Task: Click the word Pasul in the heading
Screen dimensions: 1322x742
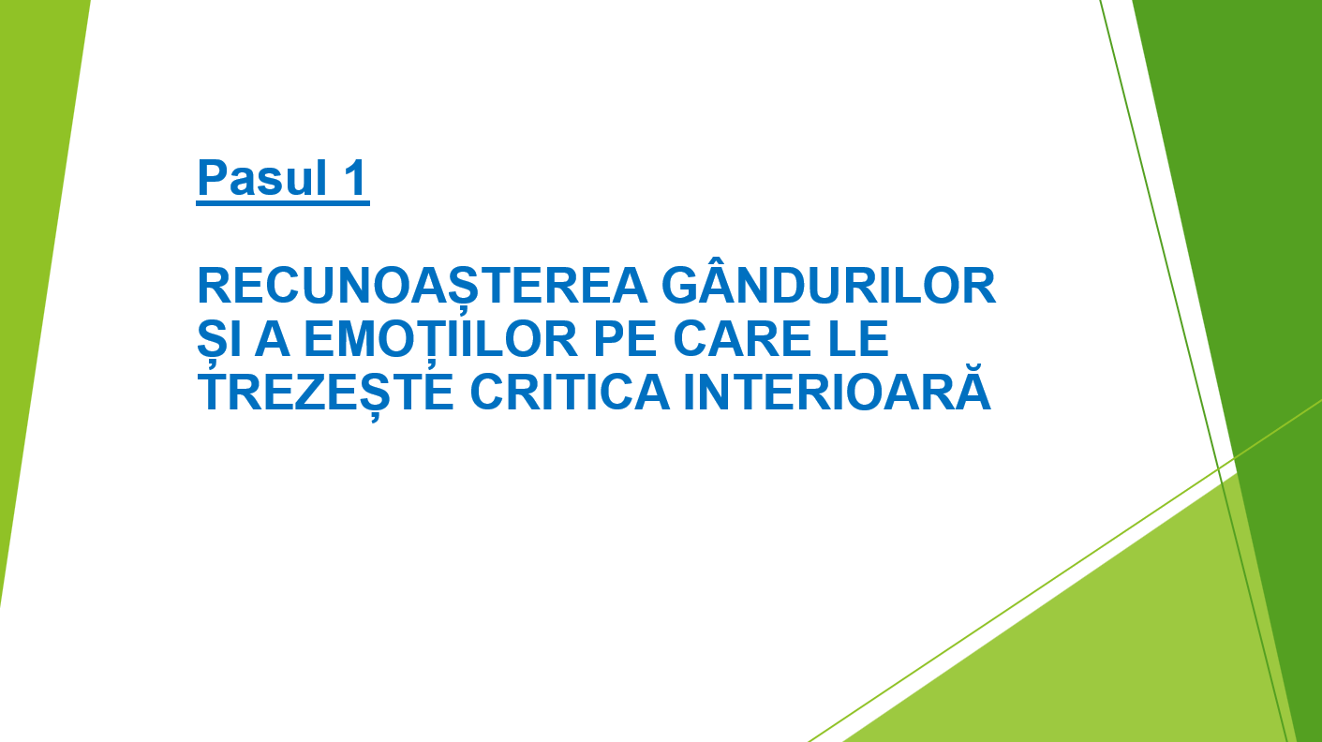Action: coord(262,177)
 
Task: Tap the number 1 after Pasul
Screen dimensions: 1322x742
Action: coord(354,177)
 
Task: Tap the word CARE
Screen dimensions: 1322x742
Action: coord(742,338)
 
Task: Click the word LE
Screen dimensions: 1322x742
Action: coord(858,338)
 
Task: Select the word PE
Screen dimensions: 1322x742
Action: coord(626,338)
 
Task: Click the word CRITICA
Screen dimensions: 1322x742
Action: coord(570,392)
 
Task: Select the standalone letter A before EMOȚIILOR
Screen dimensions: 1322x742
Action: coord(272,338)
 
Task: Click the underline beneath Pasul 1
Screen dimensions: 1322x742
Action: coord(283,203)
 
